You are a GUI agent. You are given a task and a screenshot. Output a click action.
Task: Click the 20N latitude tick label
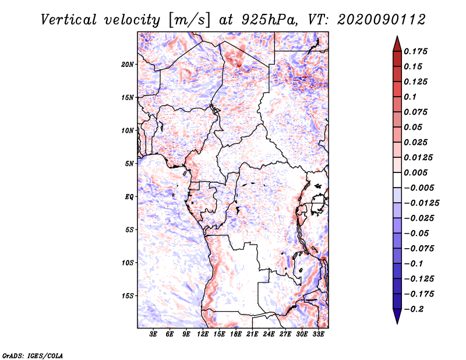pos(128,65)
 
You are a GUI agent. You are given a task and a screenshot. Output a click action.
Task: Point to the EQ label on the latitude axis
pos(129,197)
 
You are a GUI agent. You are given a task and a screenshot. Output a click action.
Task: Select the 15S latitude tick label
pos(128,296)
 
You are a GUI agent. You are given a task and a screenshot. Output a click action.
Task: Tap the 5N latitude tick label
pos(129,164)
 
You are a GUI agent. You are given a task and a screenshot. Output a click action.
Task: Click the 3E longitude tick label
pos(153,334)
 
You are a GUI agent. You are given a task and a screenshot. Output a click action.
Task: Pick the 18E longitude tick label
pos(235,334)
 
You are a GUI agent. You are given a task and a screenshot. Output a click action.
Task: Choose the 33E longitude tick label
pos(318,334)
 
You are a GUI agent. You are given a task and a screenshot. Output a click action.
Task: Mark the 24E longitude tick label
pos(269,334)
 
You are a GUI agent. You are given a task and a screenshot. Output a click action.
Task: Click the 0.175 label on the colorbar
pos(415,51)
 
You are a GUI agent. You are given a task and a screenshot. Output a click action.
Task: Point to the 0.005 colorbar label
pos(415,172)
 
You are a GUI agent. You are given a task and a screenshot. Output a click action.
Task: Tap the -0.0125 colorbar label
pos(421,203)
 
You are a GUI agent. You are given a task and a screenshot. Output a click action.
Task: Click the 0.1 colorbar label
pos(410,97)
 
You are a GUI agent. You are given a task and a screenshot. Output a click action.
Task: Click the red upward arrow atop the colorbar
pos(397,44)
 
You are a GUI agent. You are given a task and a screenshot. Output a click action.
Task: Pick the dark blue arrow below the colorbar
pos(397,316)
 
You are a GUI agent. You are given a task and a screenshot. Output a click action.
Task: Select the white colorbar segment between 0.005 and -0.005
pos(397,180)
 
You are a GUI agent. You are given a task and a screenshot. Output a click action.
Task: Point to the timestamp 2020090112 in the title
pos(382,20)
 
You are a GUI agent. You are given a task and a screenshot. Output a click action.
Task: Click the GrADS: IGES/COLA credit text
pos(33,355)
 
